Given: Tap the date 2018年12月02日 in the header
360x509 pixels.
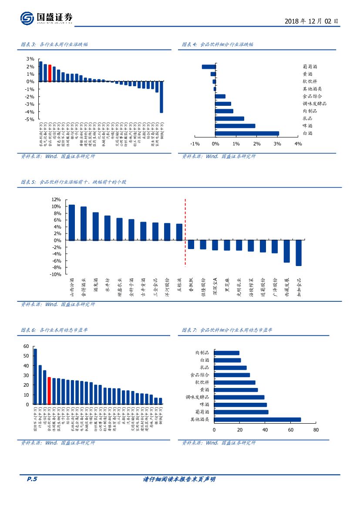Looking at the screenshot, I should pos(311,21).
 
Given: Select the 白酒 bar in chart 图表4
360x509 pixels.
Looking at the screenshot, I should pos(247,134).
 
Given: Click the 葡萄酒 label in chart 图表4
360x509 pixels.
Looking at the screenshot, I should pos(310,67).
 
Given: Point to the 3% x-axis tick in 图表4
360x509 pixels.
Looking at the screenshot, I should pos(277,144).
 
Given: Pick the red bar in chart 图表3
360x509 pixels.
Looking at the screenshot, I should pos(50,73).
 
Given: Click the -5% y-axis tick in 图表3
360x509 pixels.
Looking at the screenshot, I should pos(30,119).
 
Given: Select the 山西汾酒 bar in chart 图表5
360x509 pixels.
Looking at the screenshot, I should pos(72,222).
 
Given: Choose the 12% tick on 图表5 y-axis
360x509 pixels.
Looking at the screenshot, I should pos(56,200).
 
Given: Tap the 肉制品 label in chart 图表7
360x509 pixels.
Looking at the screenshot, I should pos(202,353).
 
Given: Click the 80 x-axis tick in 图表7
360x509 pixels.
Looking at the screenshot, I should pos(316,430).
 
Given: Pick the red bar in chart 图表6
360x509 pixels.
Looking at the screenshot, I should pos(49,391).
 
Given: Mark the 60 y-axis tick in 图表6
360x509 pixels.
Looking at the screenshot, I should pos(26,347).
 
